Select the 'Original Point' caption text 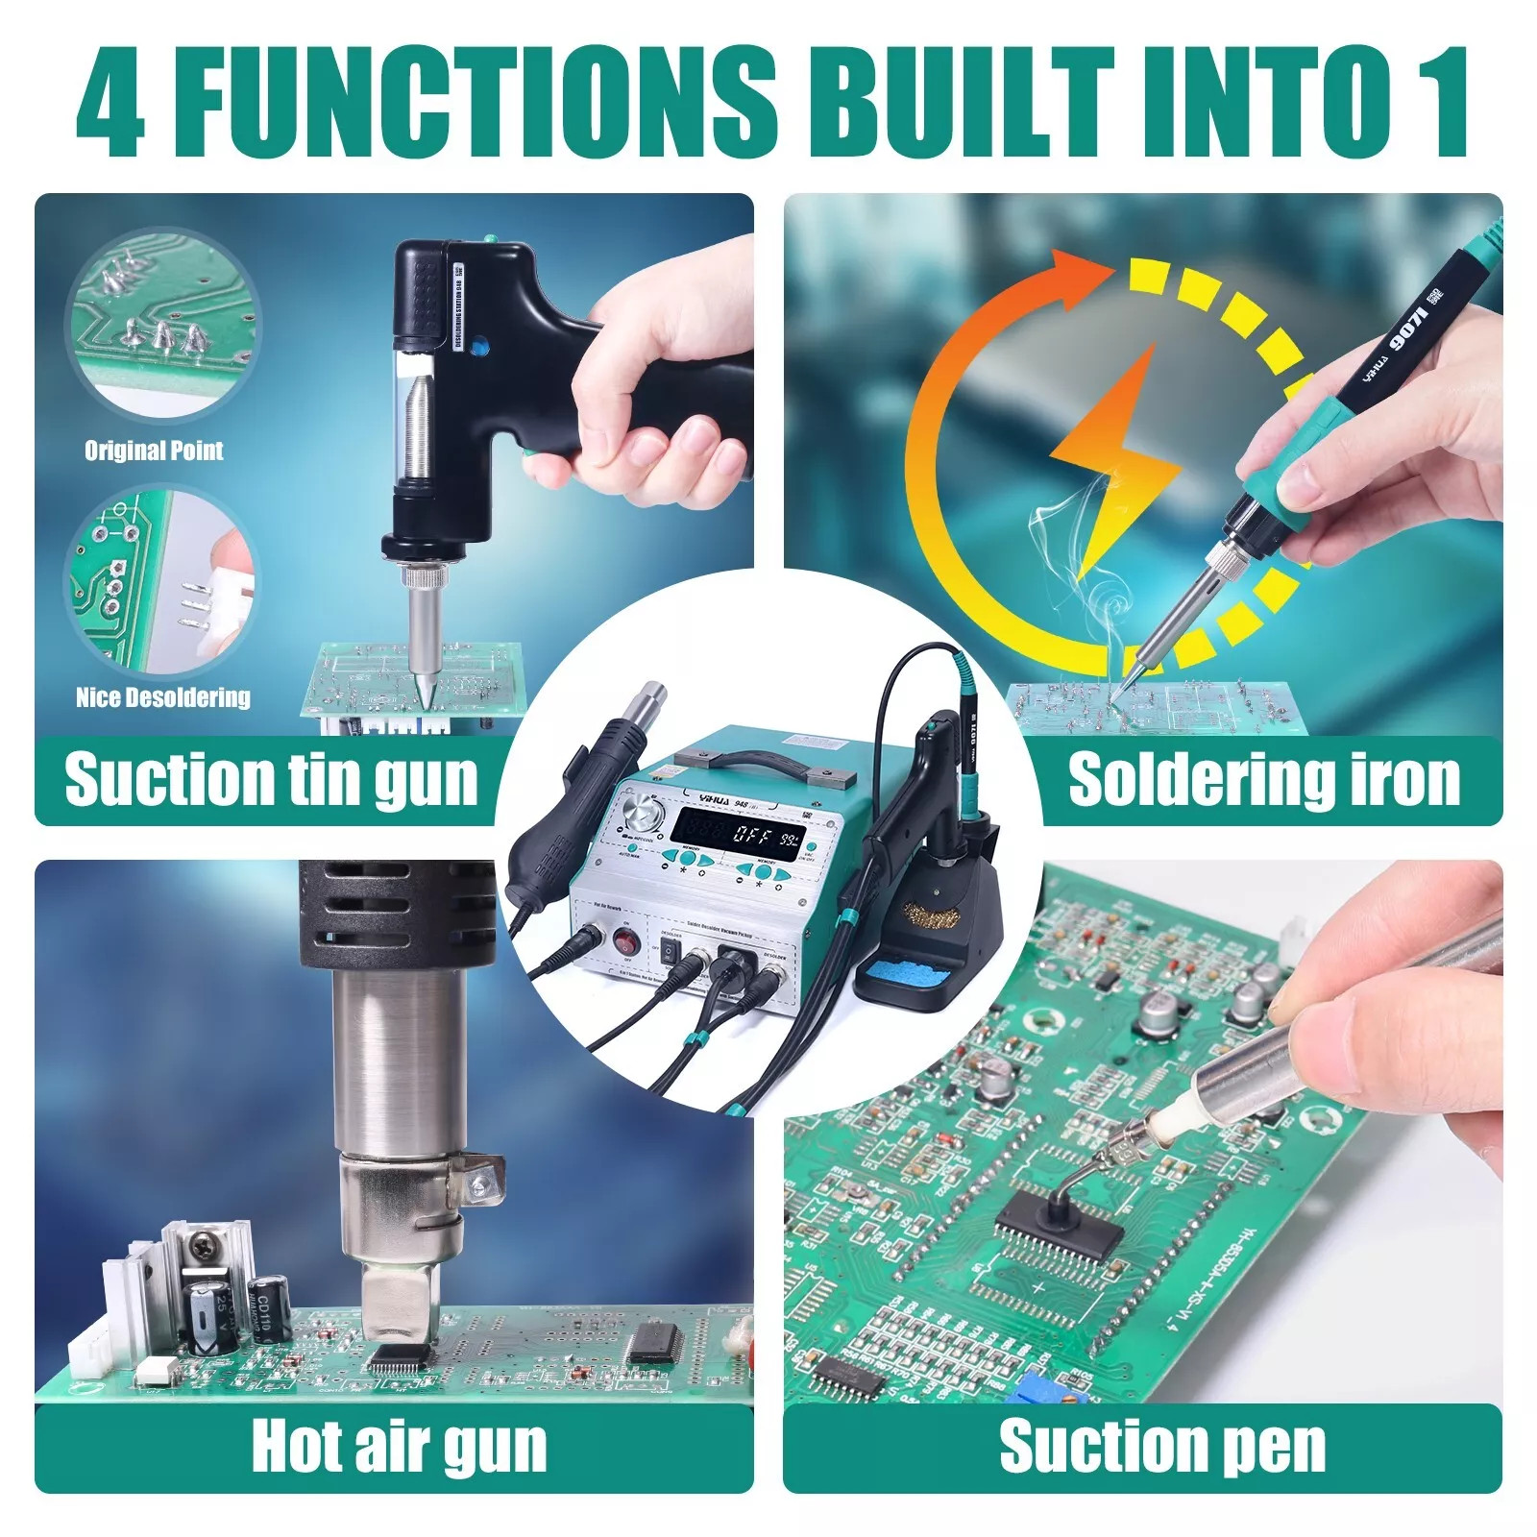[x=154, y=451]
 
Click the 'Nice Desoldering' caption [x=163, y=697]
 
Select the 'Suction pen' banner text [x=1162, y=1446]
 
